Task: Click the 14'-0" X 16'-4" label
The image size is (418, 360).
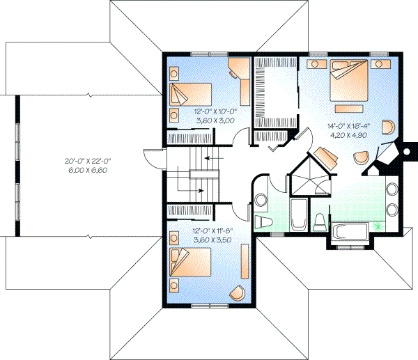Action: (x=348, y=127)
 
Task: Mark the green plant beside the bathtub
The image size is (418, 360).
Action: (x=378, y=226)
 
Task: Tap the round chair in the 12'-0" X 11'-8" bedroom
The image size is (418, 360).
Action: (x=238, y=292)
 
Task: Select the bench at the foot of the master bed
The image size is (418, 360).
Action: (x=351, y=108)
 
